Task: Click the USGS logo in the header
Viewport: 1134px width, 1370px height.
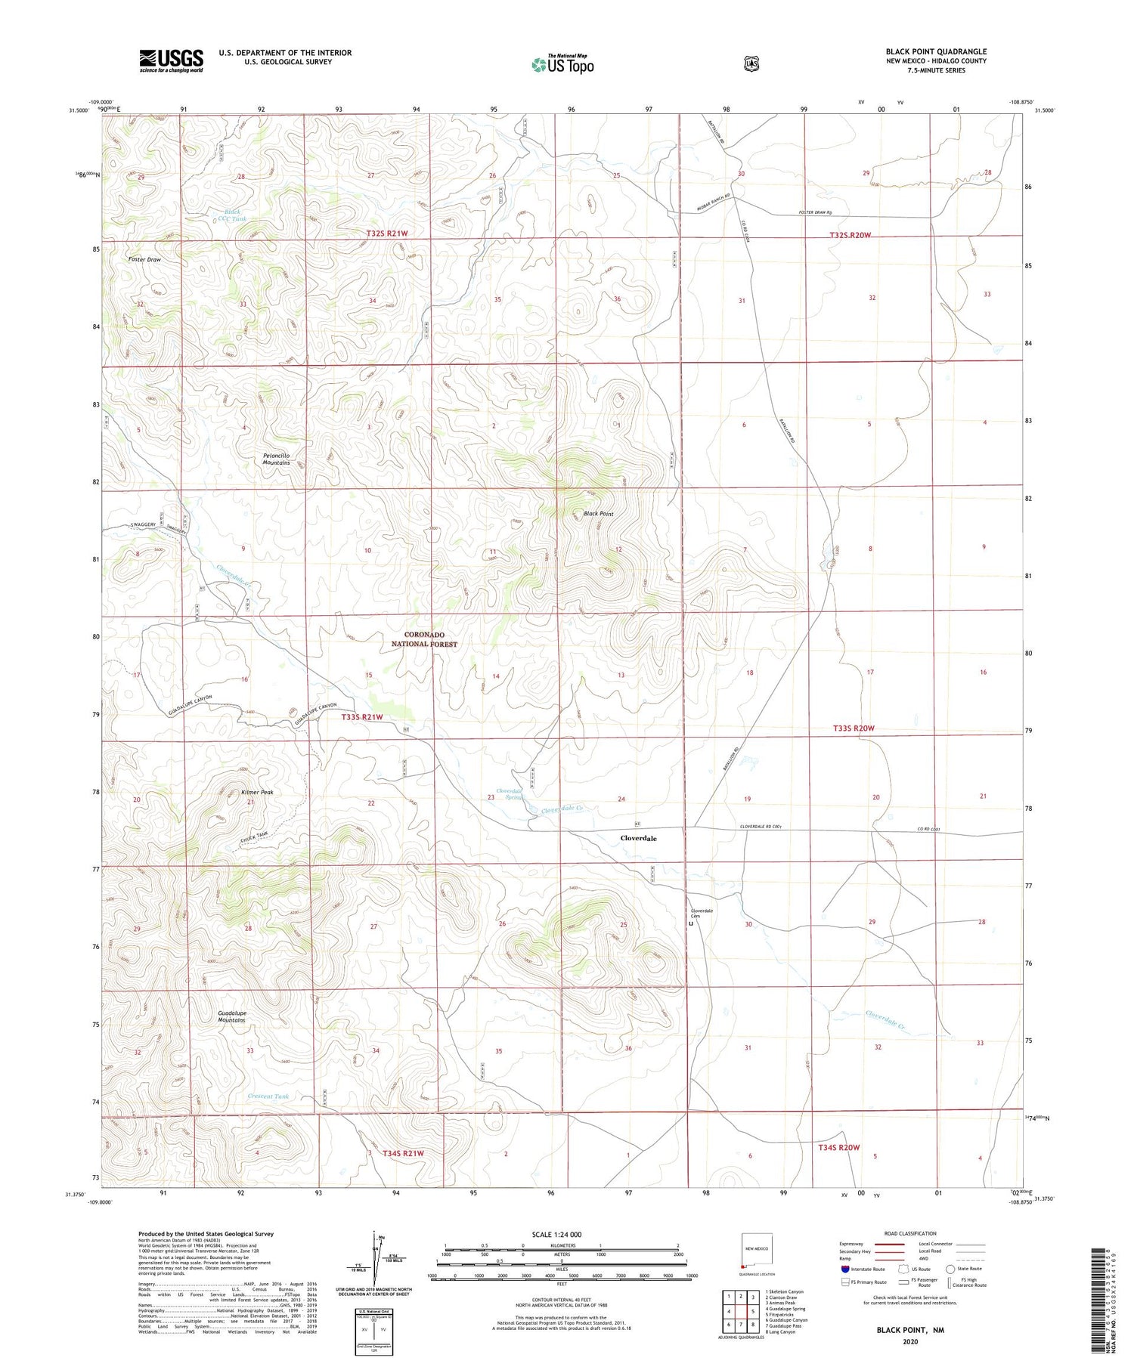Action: (x=171, y=60)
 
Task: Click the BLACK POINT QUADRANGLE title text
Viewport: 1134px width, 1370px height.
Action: (x=936, y=51)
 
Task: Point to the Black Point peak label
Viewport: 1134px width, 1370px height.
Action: (x=598, y=514)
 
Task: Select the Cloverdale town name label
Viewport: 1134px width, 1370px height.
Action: (x=638, y=839)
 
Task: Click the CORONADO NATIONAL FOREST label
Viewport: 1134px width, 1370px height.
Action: (x=424, y=639)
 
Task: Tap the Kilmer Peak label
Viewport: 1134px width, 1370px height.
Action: (x=257, y=793)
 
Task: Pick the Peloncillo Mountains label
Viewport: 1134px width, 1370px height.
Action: (x=276, y=459)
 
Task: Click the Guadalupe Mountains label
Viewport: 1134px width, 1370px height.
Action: (x=231, y=1016)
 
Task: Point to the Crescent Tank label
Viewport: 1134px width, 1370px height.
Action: (x=268, y=1096)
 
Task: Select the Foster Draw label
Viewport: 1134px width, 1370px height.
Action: (x=144, y=259)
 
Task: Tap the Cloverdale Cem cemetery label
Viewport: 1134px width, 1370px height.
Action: (x=701, y=914)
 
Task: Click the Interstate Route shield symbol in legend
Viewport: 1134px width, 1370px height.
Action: (x=845, y=1269)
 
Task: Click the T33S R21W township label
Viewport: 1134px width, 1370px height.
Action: (x=362, y=717)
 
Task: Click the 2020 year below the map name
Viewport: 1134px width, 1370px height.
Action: (x=910, y=1342)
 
